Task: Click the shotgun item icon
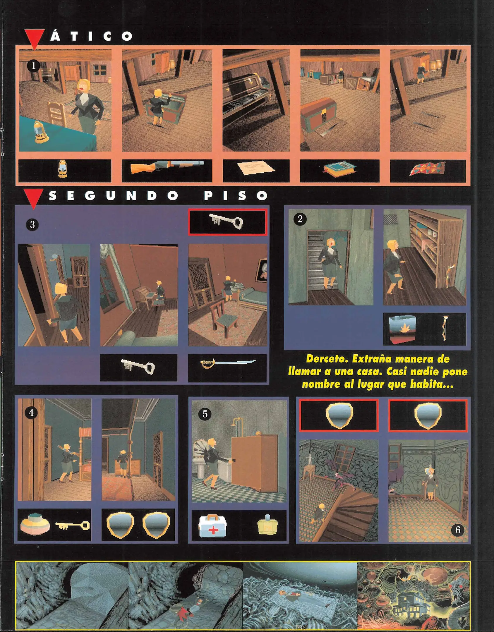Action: (167, 167)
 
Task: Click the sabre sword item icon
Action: (228, 363)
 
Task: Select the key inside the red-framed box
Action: (227, 222)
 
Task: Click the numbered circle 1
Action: (33, 66)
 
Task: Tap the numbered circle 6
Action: (458, 530)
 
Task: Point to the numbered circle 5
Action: (205, 414)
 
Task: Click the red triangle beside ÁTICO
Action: (35, 39)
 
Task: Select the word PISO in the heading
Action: (236, 196)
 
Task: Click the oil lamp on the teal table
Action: (39, 132)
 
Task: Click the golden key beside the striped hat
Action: (72, 526)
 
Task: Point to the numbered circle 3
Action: (32, 224)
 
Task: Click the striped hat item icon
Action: (35, 525)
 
